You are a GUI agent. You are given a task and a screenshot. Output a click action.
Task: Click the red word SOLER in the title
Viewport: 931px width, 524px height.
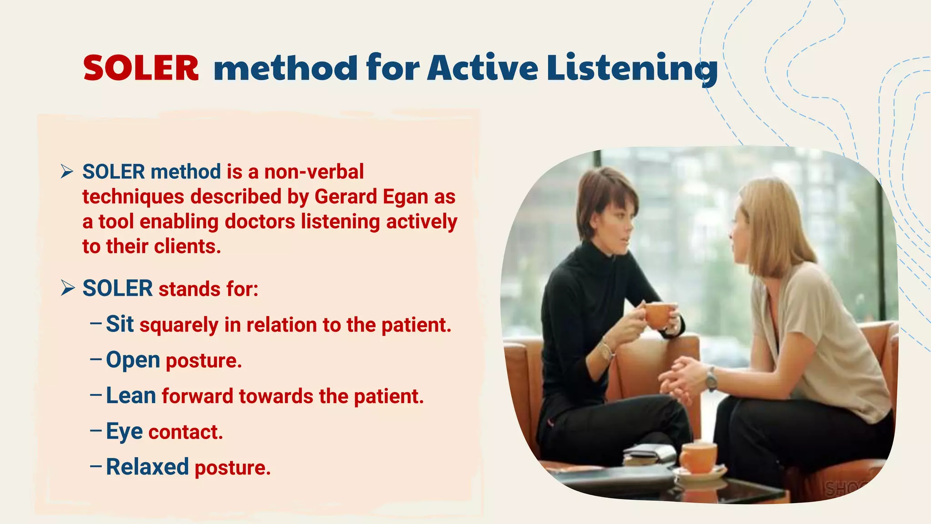coord(141,68)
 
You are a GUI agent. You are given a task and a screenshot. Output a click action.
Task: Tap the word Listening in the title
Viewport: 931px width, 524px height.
coord(632,68)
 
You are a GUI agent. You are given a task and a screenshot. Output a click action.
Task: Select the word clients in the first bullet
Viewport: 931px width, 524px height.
coord(187,247)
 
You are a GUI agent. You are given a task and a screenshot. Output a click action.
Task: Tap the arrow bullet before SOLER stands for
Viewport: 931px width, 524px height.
coord(67,288)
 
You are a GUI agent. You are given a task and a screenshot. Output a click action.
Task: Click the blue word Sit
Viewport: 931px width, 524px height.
coord(120,324)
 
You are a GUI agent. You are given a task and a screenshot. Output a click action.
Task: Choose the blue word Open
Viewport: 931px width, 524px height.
coord(133,360)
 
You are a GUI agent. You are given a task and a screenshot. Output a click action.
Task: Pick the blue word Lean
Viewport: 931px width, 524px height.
coord(131,395)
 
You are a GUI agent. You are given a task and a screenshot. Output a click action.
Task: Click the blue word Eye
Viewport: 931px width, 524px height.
coord(124,431)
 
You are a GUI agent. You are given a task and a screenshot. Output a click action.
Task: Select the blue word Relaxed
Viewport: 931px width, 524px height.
coord(147,467)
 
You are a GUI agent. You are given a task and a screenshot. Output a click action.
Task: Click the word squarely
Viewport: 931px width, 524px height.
coord(179,325)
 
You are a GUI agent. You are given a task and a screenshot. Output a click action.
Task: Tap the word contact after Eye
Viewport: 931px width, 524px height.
coord(185,432)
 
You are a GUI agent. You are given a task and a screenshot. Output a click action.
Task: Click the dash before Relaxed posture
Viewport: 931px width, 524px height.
coord(95,466)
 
